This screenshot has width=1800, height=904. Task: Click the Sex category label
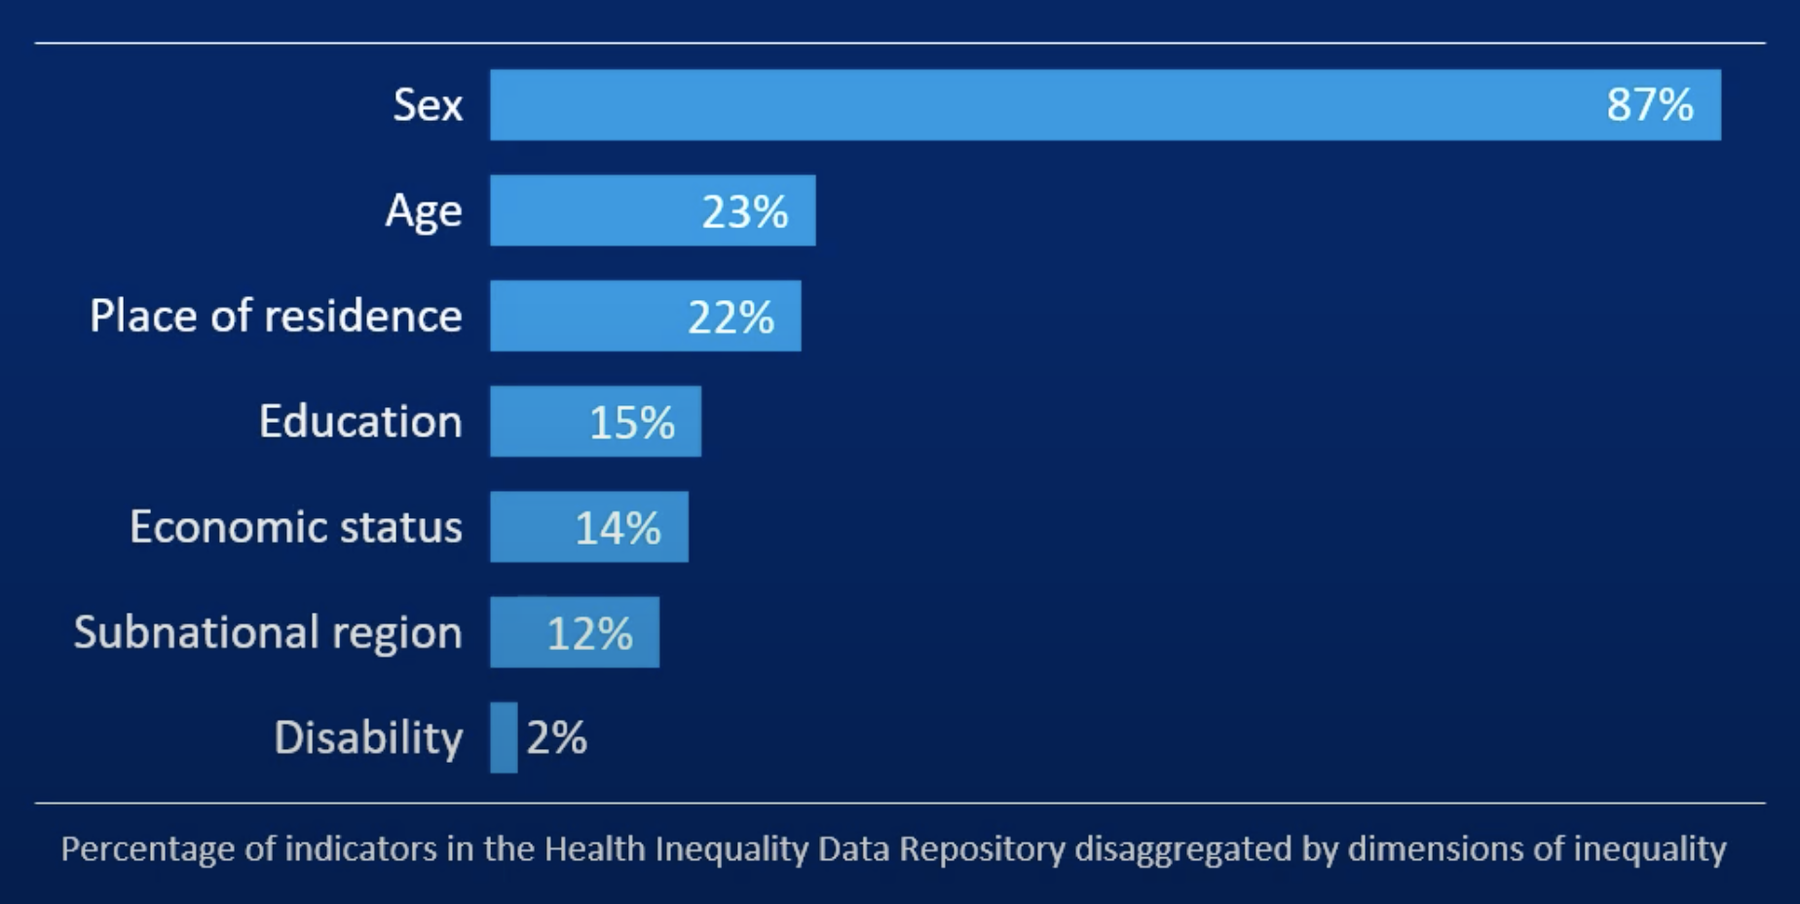coord(428,105)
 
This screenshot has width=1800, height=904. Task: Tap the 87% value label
coord(1650,105)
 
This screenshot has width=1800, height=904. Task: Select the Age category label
coord(423,211)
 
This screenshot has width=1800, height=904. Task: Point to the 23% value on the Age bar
coord(744,211)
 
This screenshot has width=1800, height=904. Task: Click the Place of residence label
coord(276,317)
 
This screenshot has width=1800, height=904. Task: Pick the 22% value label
coord(731,318)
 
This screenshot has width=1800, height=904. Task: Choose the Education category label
coord(360,422)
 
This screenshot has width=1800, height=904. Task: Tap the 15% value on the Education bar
coord(631,423)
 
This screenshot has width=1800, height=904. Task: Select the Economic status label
coord(295,527)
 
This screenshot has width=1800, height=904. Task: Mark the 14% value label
coord(618,528)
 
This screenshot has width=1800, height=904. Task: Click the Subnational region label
coord(268,633)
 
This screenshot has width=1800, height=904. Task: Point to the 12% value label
coord(589,634)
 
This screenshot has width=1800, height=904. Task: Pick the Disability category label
coord(368,738)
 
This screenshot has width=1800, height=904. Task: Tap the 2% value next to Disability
coord(556,738)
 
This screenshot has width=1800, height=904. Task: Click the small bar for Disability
coord(504,737)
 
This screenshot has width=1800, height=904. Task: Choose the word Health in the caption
coord(594,849)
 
